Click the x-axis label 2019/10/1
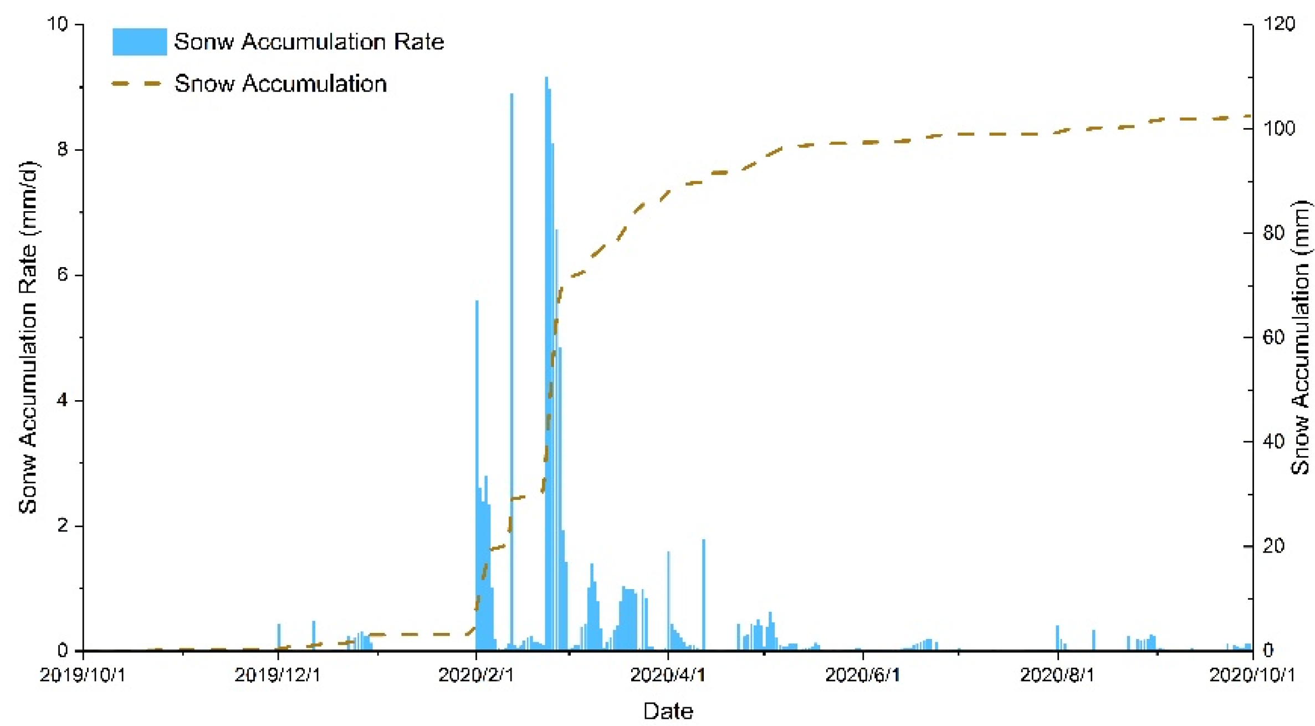pos(83,675)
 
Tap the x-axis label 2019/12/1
pos(278,675)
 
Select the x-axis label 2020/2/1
pos(476,675)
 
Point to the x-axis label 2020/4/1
pos(668,675)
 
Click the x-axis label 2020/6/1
pos(862,675)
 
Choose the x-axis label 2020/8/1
pos(1057,675)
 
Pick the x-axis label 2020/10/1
pos(1252,675)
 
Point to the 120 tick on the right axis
pos(1279,24)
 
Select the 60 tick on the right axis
pos(1273,338)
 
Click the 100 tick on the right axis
pos(1279,129)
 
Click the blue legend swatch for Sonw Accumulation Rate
pos(139,42)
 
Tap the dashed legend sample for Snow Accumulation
pos(137,84)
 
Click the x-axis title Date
pos(668,711)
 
